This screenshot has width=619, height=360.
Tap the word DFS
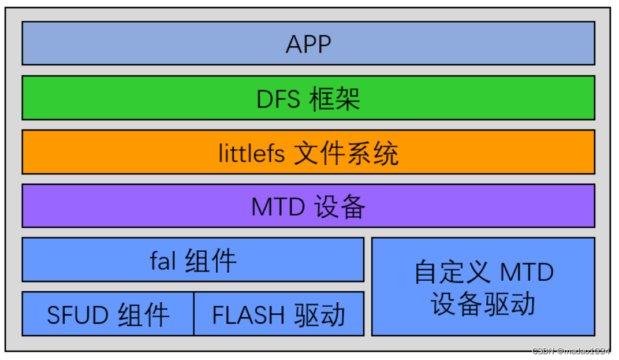click(278, 99)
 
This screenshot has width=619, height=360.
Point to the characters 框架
click(334, 99)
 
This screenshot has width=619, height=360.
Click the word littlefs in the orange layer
click(252, 154)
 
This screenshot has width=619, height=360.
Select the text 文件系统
click(346, 154)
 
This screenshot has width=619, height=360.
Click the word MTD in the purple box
click(278, 207)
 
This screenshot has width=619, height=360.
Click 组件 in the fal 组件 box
click(211, 261)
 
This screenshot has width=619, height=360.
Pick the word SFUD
click(77, 316)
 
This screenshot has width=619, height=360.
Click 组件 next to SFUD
click(144, 316)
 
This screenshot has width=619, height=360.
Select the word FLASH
click(248, 316)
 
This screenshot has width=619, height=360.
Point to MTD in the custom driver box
click(527, 272)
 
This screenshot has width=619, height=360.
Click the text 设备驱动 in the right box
click(483, 305)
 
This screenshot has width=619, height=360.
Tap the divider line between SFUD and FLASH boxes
click(194, 314)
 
